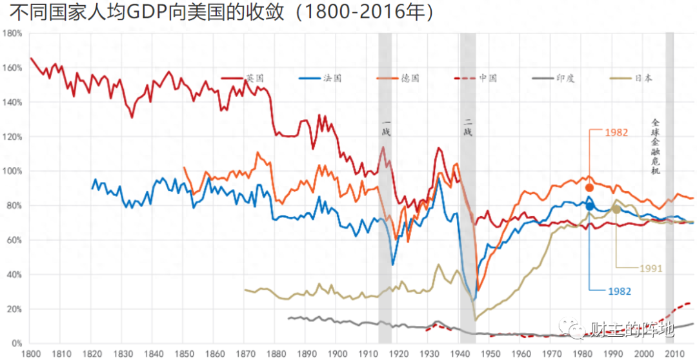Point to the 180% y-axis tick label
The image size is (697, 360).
click(x=13, y=33)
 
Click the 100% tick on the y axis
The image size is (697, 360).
click(x=13, y=171)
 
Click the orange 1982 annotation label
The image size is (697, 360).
click(x=616, y=132)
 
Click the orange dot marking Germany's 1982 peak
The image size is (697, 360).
click(x=589, y=188)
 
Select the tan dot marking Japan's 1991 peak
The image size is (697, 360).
click(x=616, y=209)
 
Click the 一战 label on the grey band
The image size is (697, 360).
click(x=387, y=128)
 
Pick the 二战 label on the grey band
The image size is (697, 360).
click(x=468, y=128)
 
